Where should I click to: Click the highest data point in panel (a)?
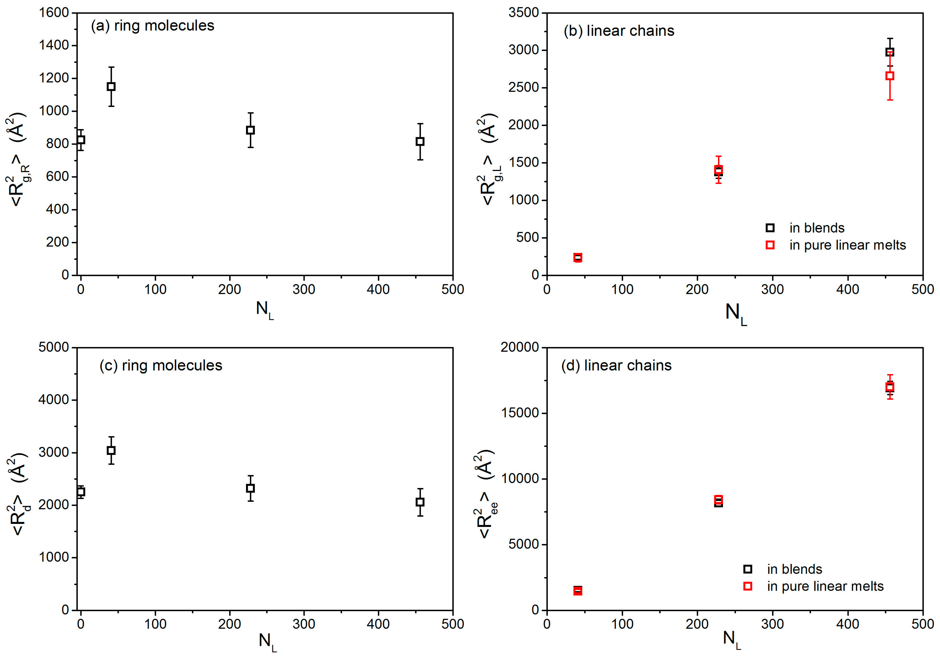pos(111,86)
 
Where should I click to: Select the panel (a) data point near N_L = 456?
pos(420,142)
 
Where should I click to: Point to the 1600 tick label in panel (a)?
pos(54,13)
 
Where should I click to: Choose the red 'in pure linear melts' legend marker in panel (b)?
pos(770,245)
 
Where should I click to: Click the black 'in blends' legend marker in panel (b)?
pos(770,228)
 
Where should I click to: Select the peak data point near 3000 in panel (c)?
pos(111,450)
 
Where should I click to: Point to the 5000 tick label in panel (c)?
pos(54,348)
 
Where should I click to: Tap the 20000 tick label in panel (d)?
pos(519,348)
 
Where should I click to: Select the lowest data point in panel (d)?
pos(578,590)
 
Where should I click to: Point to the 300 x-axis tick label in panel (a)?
pos(304,290)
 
